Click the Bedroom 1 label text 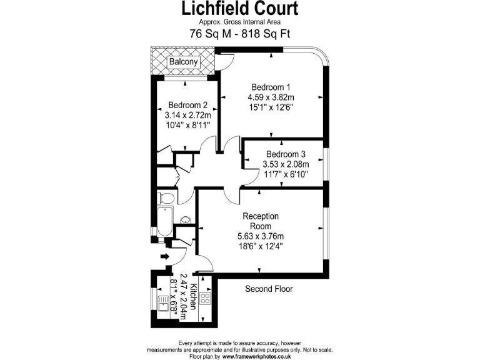271,87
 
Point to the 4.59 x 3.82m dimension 271,97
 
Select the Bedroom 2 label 187,105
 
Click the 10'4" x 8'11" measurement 187,126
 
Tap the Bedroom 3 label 286,154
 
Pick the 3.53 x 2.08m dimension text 286,165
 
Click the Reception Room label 260,221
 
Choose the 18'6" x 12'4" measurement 260,246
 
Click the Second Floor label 269,289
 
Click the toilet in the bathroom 165,197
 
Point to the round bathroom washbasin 186,220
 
